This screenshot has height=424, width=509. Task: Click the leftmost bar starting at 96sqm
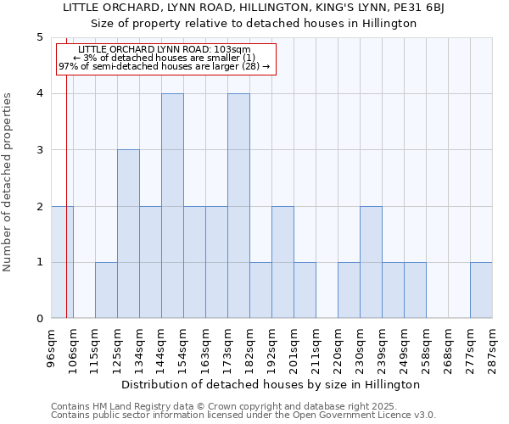click(62, 262)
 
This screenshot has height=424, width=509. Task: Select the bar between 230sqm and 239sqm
click(371, 262)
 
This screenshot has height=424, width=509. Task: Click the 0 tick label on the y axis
click(39, 319)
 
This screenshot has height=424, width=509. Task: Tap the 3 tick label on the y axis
click(39, 150)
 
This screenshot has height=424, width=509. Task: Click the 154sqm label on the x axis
click(184, 349)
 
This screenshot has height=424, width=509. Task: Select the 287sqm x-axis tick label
click(493, 349)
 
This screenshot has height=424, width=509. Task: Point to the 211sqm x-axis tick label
click(316, 349)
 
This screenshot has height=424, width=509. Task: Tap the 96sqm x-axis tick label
click(52, 349)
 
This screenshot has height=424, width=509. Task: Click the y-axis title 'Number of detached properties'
click(8, 182)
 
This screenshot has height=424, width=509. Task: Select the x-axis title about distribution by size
click(271, 385)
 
